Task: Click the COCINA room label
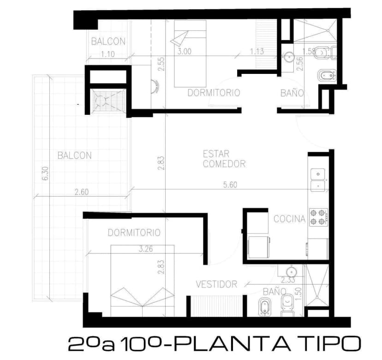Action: point(289,219)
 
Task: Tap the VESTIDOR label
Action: point(216,284)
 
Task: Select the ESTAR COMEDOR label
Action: point(224,159)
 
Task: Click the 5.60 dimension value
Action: point(230,185)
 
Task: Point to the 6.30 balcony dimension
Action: point(46,174)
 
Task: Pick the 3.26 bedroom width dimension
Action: point(146,249)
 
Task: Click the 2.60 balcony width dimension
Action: point(82,192)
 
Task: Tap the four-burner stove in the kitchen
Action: point(318,217)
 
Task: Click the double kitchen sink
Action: point(318,180)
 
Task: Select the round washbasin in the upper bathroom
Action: point(289,57)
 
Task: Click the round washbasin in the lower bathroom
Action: point(291,272)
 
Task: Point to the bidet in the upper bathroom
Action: point(327,76)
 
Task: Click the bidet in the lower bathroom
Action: point(264,306)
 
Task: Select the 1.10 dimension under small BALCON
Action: point(107,54)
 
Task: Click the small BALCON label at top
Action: point(108,42)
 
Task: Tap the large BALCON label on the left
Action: point(75,155)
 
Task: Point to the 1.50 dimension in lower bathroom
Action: point(299,294)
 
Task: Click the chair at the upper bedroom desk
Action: point(155,87)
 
